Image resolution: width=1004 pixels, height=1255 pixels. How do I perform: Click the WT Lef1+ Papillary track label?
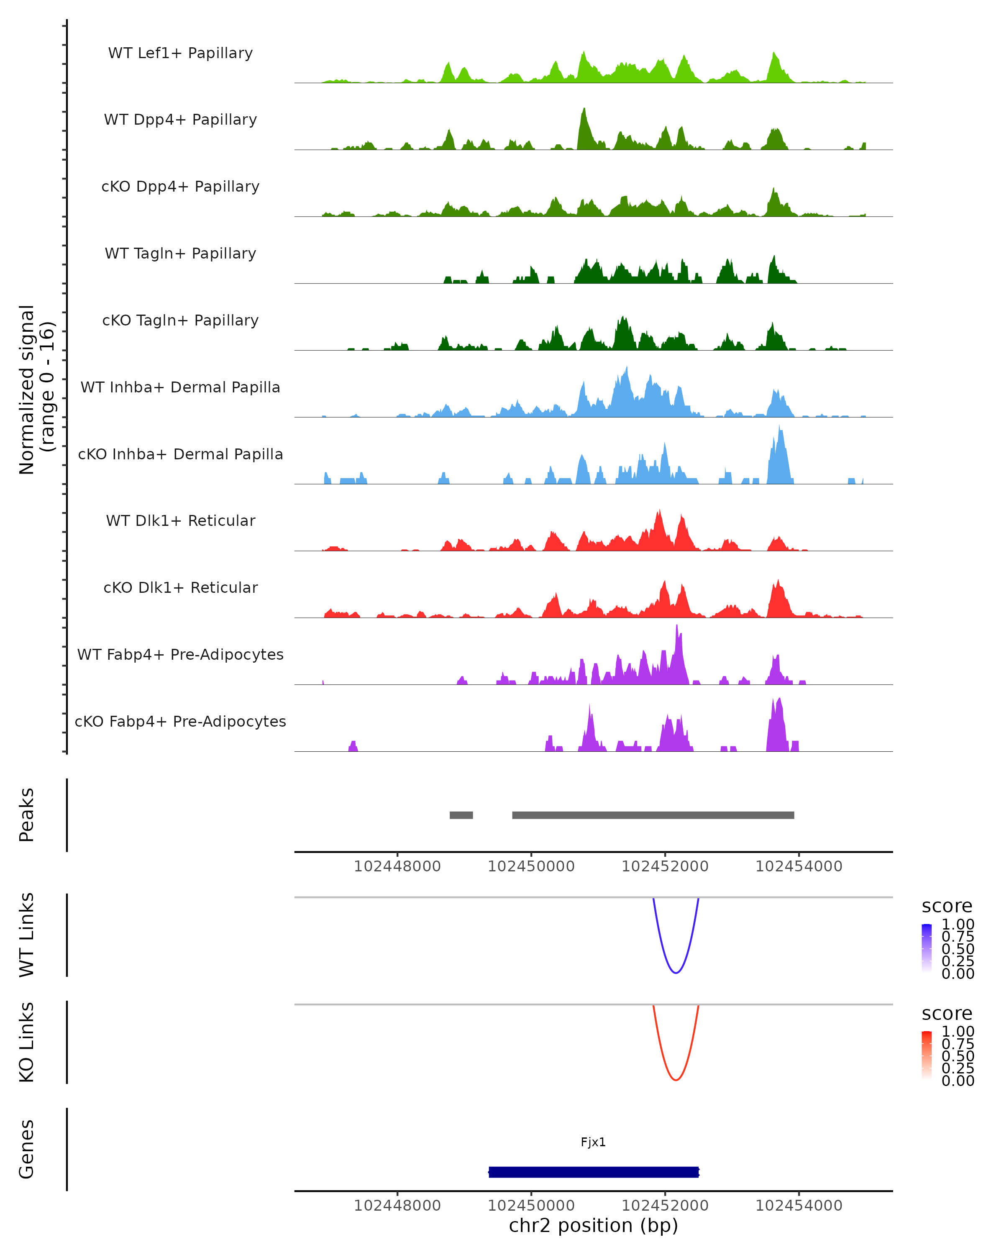pos(180,53)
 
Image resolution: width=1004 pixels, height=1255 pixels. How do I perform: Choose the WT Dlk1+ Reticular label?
pos(180,520)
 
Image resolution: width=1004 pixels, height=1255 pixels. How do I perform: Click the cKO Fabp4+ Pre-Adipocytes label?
pos(180,721)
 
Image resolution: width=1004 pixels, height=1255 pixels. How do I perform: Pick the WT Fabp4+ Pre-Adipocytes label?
pos(180,654)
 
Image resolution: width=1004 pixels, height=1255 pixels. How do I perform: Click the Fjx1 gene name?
pos(593,1142)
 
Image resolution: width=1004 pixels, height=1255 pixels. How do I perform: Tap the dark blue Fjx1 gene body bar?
pos(593,1172)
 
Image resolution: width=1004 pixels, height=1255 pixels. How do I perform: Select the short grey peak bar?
pos(461,815)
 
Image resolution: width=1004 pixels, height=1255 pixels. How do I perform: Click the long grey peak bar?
pos(653,815)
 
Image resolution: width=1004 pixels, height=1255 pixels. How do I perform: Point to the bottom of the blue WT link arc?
pos(676,973)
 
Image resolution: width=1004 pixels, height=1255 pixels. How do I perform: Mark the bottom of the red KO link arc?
pos(676,1080)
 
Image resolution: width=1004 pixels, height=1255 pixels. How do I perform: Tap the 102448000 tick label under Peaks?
pos(397,867)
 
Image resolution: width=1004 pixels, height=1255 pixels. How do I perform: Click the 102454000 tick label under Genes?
pos(799,1206)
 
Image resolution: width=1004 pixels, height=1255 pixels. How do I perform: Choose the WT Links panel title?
pos(27,935)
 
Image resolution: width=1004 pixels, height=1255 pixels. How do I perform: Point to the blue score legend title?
pos(947,907)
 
